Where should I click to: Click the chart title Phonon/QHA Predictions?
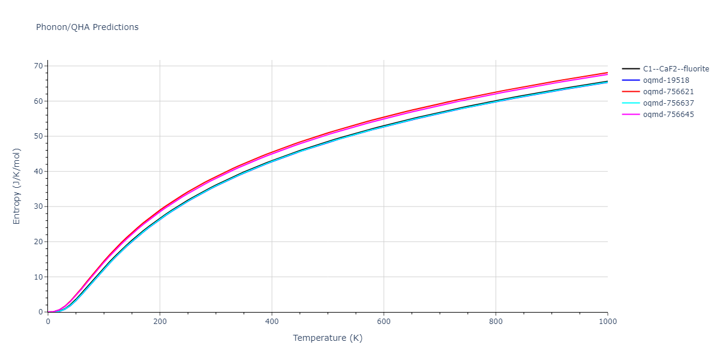pyautogui.click(x=87, y=27)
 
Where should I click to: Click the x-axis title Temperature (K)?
pyautogui.click(x=328, y=338)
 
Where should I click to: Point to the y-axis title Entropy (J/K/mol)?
pyautogui.click(x=17, y=186)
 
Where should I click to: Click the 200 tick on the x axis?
pyautogui.click(x=160, y=322)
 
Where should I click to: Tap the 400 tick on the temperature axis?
pyautogui.click(x=272, y=322)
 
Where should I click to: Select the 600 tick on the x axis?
pyautogui.click(x=384, y=322)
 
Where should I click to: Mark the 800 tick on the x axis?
pyautogui.click(x=496, y=322)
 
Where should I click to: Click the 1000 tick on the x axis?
pyautogui.click(x=608, y=322)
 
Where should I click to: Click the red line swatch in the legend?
pyautogui.click(x=631, y=92)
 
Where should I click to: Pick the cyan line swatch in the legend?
pyautogui.click(x=631, y=103)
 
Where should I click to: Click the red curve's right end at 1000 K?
pyautogui.click(x=607, y=73)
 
